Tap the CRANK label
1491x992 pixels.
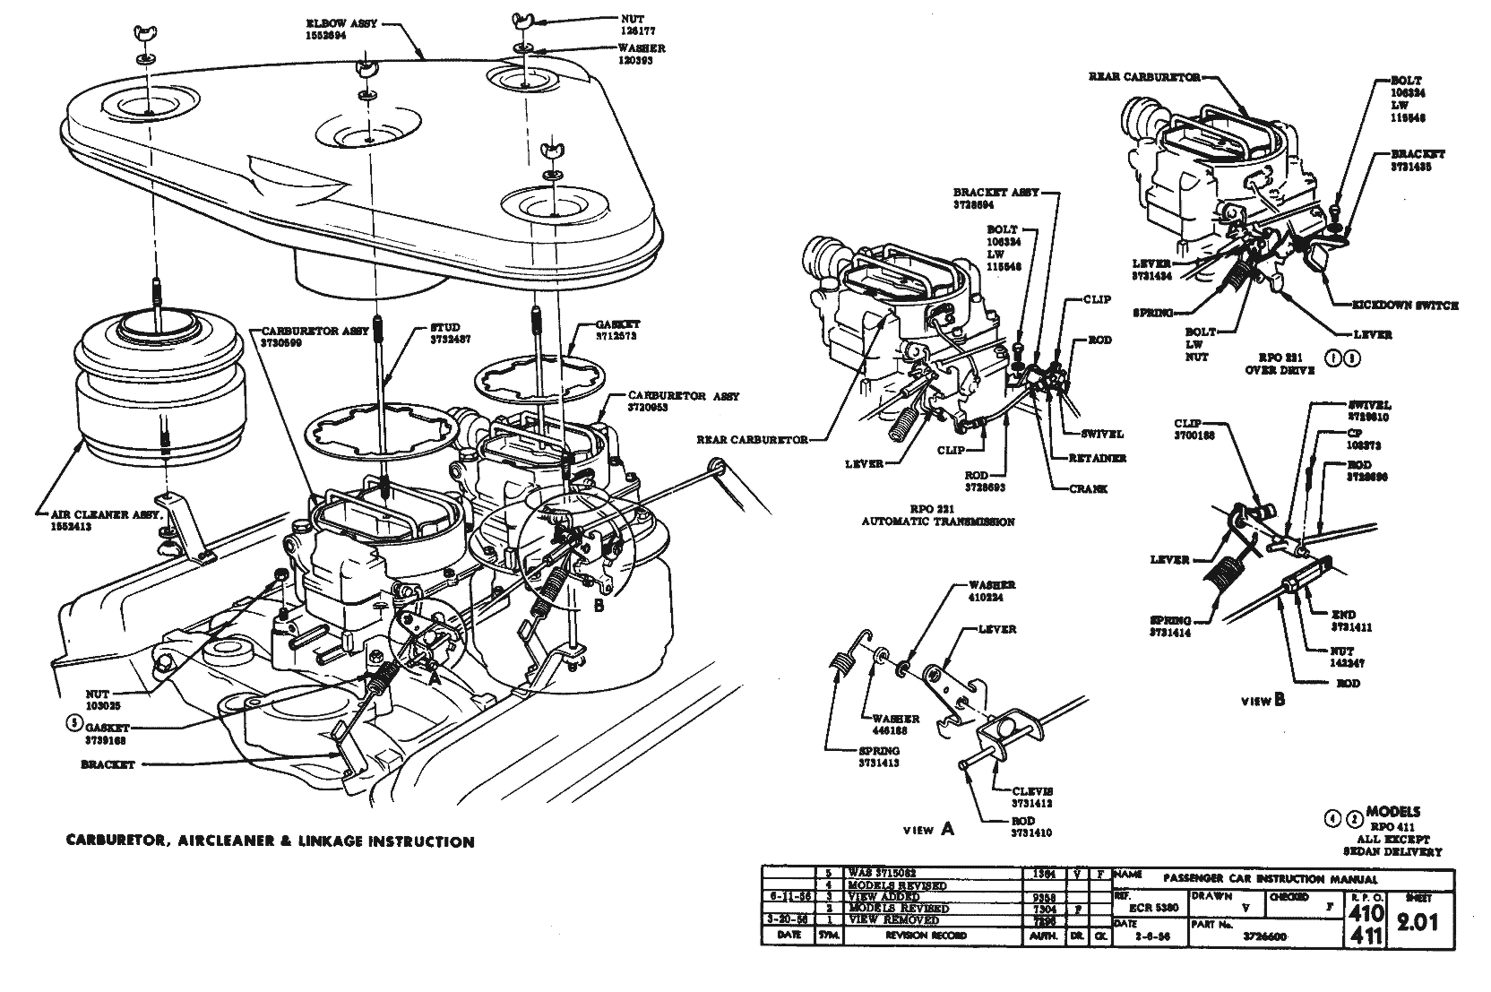[1089, 488]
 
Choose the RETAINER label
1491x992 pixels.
[1097, 458]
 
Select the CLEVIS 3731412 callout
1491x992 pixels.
[1032, 797]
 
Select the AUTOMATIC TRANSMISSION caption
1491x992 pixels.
[938, 521]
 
